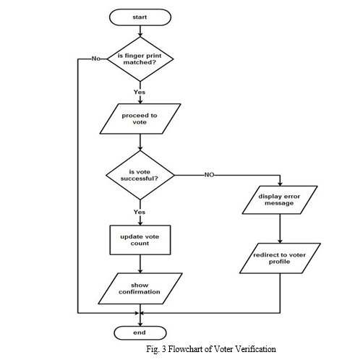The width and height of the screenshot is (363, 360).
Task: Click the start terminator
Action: [140, 17]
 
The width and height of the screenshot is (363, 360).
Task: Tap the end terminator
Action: [140, 333]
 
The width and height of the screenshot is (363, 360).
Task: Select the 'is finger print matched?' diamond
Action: [140, 59]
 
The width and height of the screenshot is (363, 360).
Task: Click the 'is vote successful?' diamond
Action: [140, 175]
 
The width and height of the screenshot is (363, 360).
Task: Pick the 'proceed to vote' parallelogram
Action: [140, 119]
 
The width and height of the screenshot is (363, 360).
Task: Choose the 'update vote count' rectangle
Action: [140, 240]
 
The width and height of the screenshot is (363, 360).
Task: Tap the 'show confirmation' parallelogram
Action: [140, 288]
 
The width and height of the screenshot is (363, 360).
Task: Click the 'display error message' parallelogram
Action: [280, 200]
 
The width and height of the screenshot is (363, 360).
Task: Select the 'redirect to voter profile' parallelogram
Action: [280, 258]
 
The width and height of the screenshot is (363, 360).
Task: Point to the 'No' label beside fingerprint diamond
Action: [95, 59]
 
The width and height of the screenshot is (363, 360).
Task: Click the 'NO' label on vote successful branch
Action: [209, 175]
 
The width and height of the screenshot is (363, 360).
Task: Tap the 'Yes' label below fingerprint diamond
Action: [140, 92]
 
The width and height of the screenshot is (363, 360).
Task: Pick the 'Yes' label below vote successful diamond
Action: [140, 212]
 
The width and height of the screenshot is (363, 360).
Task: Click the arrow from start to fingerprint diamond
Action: [140, 31]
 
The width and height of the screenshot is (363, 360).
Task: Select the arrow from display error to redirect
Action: [280, 228]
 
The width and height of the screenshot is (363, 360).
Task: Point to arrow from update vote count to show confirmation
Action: [140, 264]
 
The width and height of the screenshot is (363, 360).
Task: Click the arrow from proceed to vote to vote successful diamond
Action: [140, 142]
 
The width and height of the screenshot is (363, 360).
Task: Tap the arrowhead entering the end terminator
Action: [140, 324]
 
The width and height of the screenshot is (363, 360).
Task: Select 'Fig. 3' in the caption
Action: [156, 349]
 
